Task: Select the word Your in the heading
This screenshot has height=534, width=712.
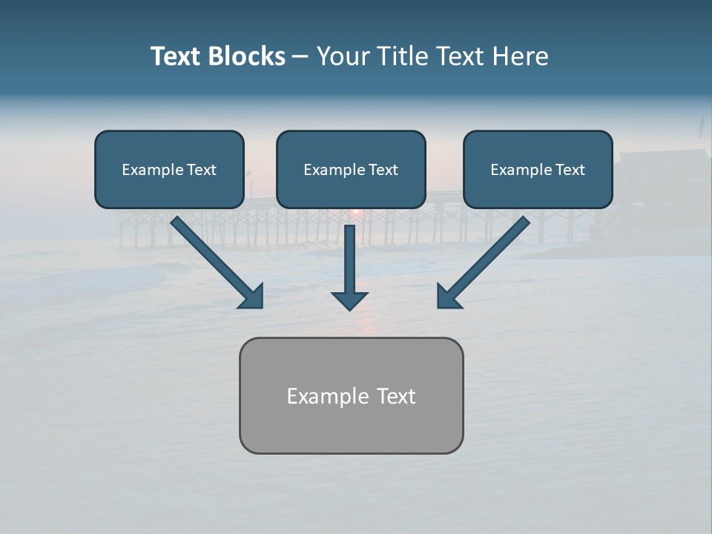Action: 343,56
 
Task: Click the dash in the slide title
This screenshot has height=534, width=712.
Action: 300,57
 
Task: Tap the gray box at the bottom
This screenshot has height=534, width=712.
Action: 351,426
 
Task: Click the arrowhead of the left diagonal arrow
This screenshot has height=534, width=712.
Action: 252,297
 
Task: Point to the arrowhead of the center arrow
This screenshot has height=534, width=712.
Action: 349,300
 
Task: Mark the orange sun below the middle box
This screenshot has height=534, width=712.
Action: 356,213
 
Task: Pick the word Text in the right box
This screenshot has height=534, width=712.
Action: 570,170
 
